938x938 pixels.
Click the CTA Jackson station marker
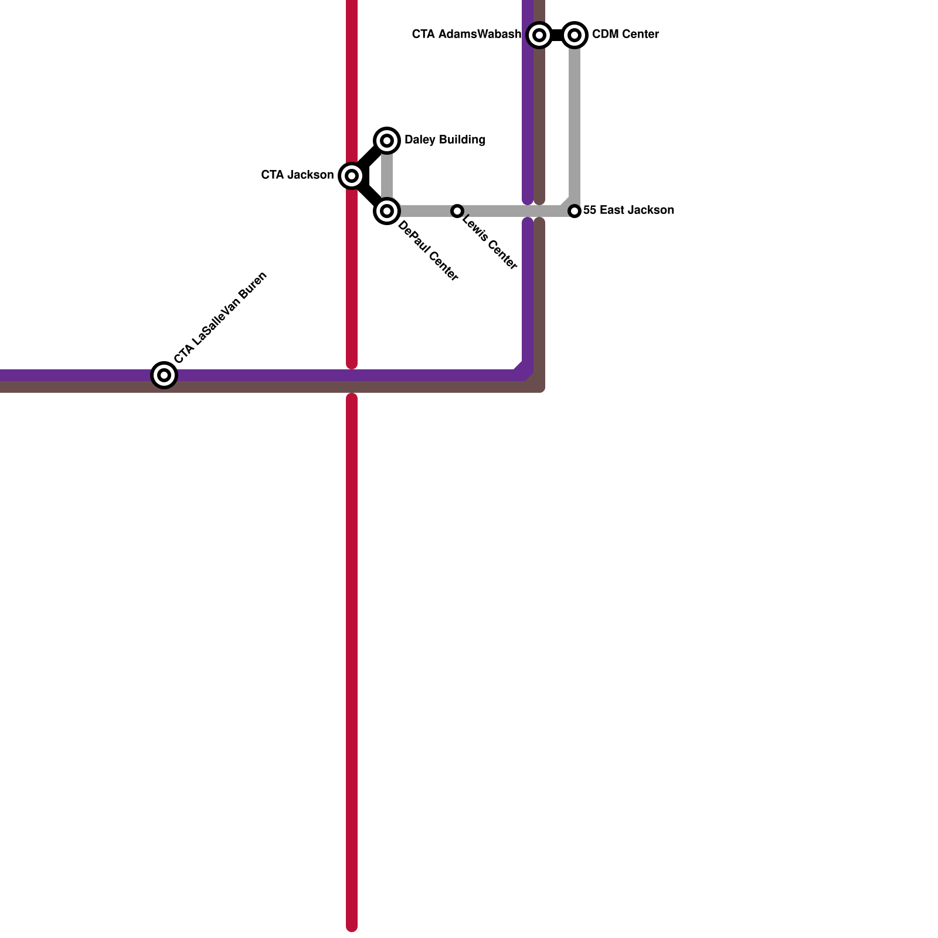coord(351,175)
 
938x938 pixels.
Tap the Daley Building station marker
coord(387,140)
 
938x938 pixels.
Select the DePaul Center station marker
coord(387,210)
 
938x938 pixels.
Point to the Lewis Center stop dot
coord(457,210)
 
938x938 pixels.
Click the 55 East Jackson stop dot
coord(575,210)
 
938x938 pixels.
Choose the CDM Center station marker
coord(575,35)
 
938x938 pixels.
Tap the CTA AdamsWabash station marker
coord(539,35)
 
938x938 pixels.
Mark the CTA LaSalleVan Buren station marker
coord(164,375)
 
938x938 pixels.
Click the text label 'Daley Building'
coord(444,140)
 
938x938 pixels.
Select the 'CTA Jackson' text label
coord(297,175)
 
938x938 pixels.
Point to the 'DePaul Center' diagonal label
coord(427,252)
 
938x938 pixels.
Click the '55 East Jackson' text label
coord(628,210)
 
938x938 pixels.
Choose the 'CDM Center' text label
coord(625,35)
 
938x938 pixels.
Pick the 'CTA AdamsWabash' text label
coord(466,35)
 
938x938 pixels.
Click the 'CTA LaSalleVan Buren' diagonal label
coord(220,318)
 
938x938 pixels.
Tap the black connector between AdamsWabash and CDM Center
coord(557,35)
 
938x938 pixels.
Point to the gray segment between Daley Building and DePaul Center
coord(387,175)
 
